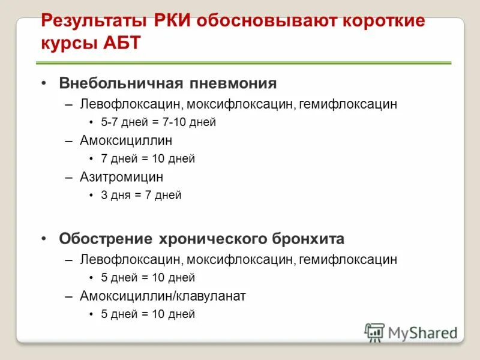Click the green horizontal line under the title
[243, 62]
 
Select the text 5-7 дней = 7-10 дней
[158, 122]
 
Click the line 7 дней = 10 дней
[148, 159]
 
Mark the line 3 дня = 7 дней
[141, 195]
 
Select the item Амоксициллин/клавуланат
[163, 296]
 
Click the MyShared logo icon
[374, 332]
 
